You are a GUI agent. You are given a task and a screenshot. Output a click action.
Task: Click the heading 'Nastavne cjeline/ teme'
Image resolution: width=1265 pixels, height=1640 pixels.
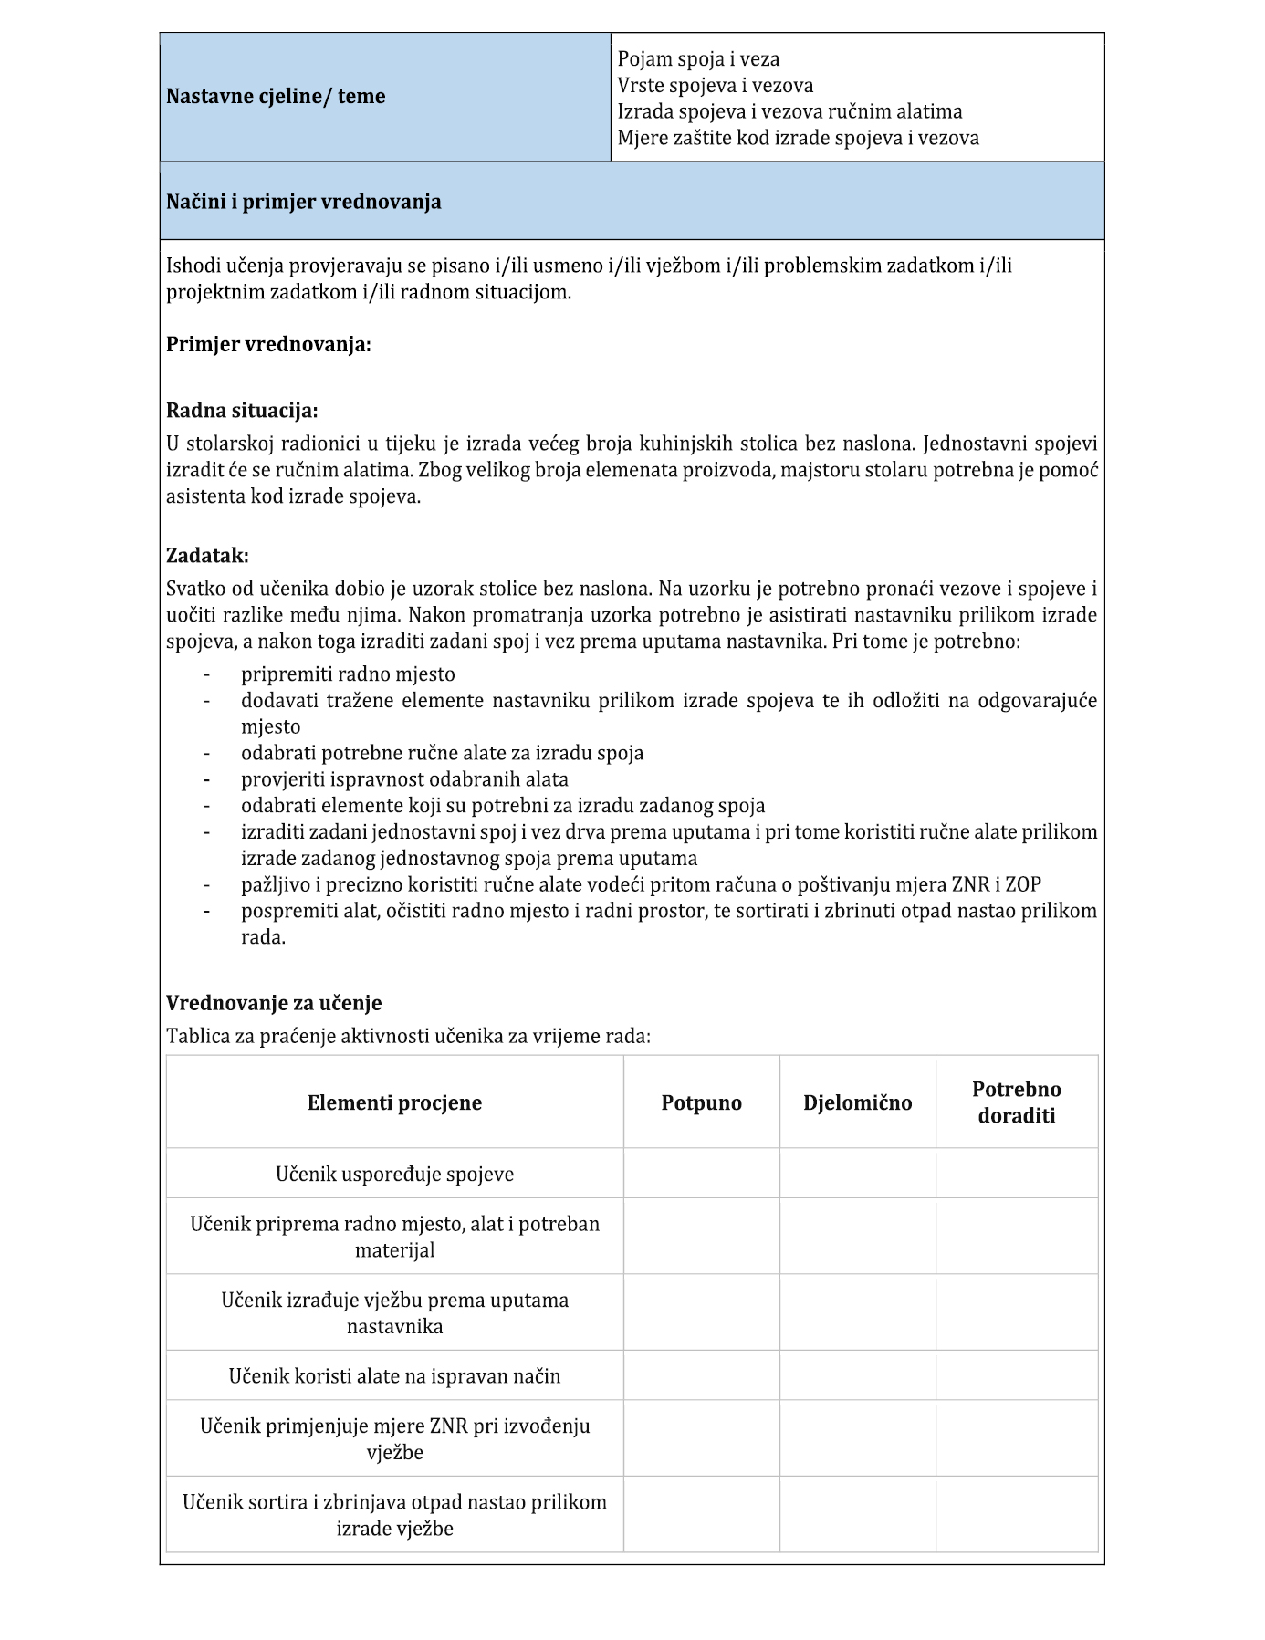pyautogui.click(x=276, y=97)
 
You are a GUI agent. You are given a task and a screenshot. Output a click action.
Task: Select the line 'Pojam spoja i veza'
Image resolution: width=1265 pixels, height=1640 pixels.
pyautogui.click(x=698, y=59)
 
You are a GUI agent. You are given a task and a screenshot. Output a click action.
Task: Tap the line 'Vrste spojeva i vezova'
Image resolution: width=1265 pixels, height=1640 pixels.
pyautogui.click(x=715, y=86)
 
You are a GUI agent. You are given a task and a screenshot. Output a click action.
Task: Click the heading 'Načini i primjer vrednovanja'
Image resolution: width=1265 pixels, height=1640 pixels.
pyautogui.click(x=303, y=202)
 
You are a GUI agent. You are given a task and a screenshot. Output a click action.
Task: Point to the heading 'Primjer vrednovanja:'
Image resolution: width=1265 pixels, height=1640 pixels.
pyautogui.click(x=268, y=345)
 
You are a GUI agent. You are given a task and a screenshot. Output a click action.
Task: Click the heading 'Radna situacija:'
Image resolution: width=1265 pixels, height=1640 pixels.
pyautogui.click(x=242, y=411)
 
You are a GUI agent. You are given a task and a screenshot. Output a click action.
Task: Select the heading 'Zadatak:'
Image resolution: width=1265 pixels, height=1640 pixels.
pyautogui.click(x=207, y=556)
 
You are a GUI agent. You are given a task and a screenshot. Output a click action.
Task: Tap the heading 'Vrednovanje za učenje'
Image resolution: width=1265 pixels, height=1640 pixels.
pyautogui.click(x=274, y=1003)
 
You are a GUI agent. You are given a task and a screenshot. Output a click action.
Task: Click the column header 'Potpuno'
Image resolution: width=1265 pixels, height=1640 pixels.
pyautogui.click(x=701, y=1102)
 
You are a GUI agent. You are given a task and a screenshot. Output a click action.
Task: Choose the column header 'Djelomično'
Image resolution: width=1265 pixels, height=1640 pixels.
pyautogui.click(x=857, y=1102)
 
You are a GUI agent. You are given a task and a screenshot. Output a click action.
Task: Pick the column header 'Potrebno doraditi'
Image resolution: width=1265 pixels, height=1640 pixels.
pyautogui.click(x=1016, y=1102)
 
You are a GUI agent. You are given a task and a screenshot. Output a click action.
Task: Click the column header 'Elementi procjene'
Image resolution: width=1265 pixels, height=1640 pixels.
pyautogui.click(x=394, y=1102)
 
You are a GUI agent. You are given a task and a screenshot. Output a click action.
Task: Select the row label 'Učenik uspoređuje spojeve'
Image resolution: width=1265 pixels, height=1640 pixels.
pyautogui.click(x=394, y=1174)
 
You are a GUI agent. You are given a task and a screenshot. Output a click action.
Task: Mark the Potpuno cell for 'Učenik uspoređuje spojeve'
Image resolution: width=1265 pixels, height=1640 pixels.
pyautogui.click(x=701, y=1174)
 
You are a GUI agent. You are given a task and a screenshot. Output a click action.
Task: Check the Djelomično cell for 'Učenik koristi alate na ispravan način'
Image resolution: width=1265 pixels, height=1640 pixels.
pyautogui.click(x=857, y=1375)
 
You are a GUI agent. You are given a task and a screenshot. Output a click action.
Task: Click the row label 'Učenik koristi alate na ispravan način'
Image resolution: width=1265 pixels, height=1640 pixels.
pyautogui.click(x=394, y=1375)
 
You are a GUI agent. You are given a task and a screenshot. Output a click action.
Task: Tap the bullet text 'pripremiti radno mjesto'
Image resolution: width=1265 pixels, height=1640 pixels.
pyautogui.click(x=348, y=674)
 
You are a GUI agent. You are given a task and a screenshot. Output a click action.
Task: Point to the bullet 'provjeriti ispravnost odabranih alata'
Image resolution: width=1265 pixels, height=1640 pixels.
pyautogui.click(x=404, y=779)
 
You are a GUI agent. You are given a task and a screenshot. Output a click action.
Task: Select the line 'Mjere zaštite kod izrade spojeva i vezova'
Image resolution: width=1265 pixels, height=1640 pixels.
pyautogui.click(x=798, y=138)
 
